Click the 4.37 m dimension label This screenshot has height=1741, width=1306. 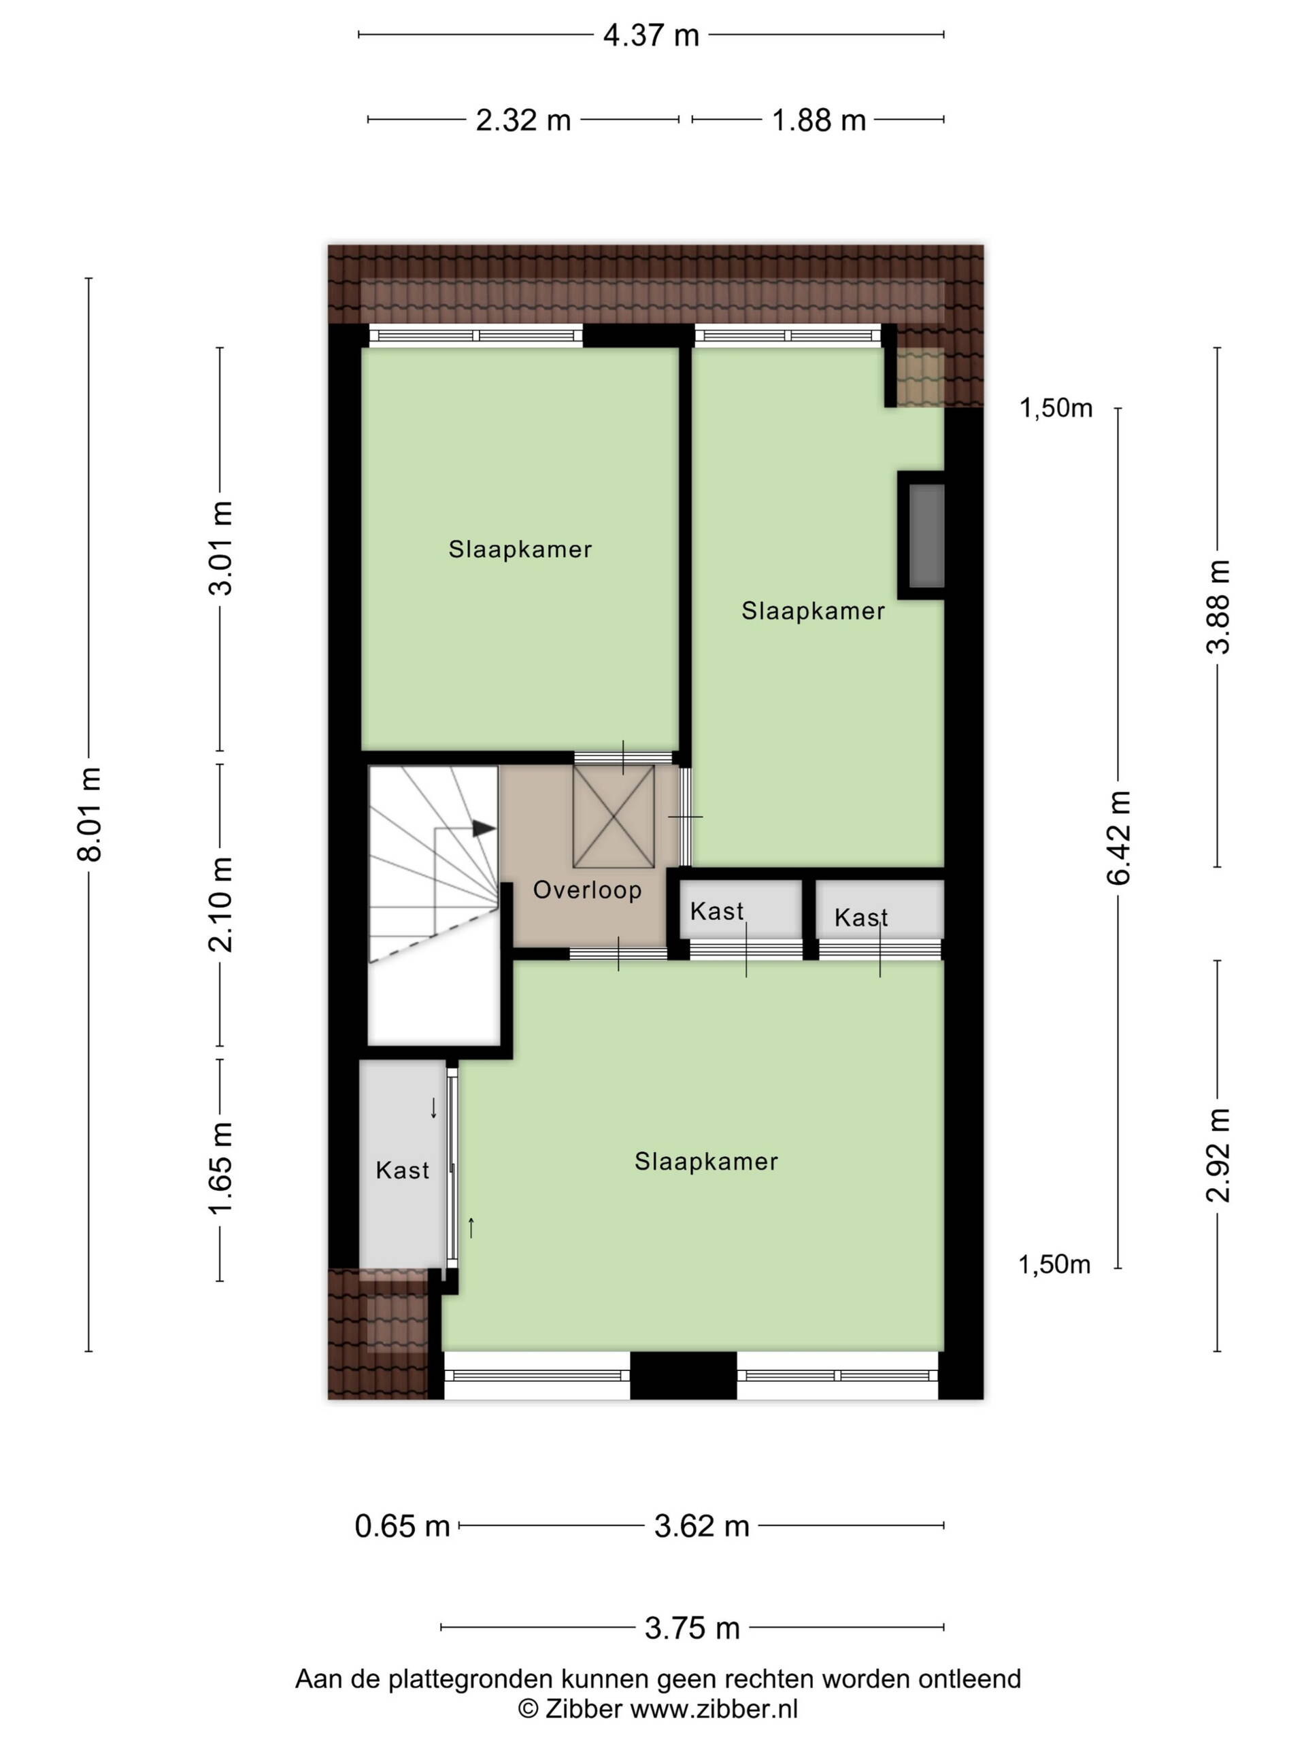651,35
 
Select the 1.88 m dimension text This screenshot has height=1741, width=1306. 819,120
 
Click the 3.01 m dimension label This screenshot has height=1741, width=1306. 220,547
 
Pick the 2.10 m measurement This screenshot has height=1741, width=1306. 220,905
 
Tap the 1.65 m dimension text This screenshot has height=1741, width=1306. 220,1169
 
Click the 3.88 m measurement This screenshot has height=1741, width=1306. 1218,606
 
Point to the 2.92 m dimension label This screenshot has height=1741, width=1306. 1218,1155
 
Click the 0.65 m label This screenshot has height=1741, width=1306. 402,1526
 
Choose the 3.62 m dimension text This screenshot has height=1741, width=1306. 701,1526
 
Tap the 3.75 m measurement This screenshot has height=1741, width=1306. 692,1629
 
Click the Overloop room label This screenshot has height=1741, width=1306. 587,890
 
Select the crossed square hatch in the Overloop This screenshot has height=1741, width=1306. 614,816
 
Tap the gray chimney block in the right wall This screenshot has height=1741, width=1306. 926,535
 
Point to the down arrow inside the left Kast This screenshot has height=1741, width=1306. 433,1109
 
